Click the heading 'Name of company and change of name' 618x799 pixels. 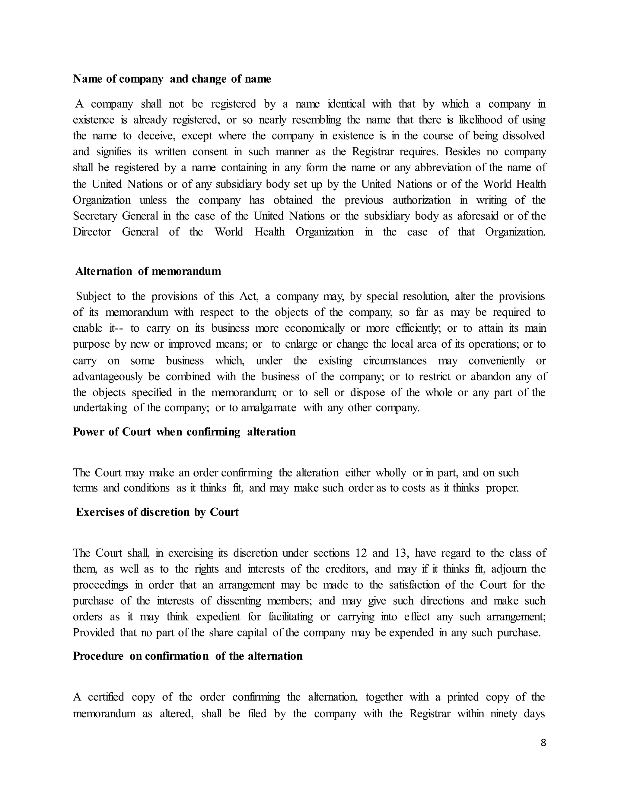172,79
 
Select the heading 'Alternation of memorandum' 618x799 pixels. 148,271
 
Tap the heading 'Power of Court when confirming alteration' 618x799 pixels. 184,432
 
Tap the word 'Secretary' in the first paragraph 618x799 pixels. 94,216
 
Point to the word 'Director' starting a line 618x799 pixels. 91,232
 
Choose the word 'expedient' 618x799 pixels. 218,617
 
